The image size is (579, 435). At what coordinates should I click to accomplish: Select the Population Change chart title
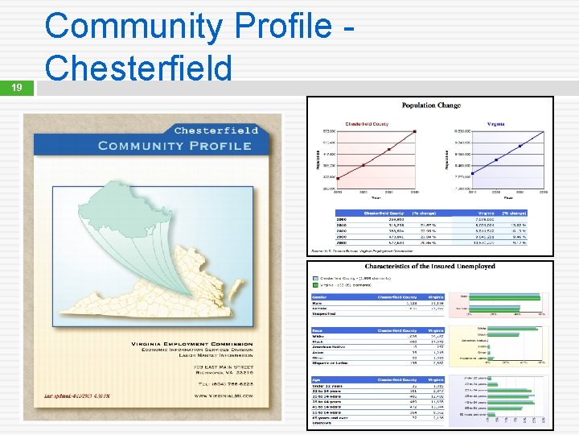coord(431,106)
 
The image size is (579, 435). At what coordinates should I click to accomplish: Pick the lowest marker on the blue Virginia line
coord(472,173)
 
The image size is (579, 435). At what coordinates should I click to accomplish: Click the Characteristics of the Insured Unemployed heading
coord(429,266)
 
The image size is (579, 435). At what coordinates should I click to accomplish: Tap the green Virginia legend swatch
coord(316,284)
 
